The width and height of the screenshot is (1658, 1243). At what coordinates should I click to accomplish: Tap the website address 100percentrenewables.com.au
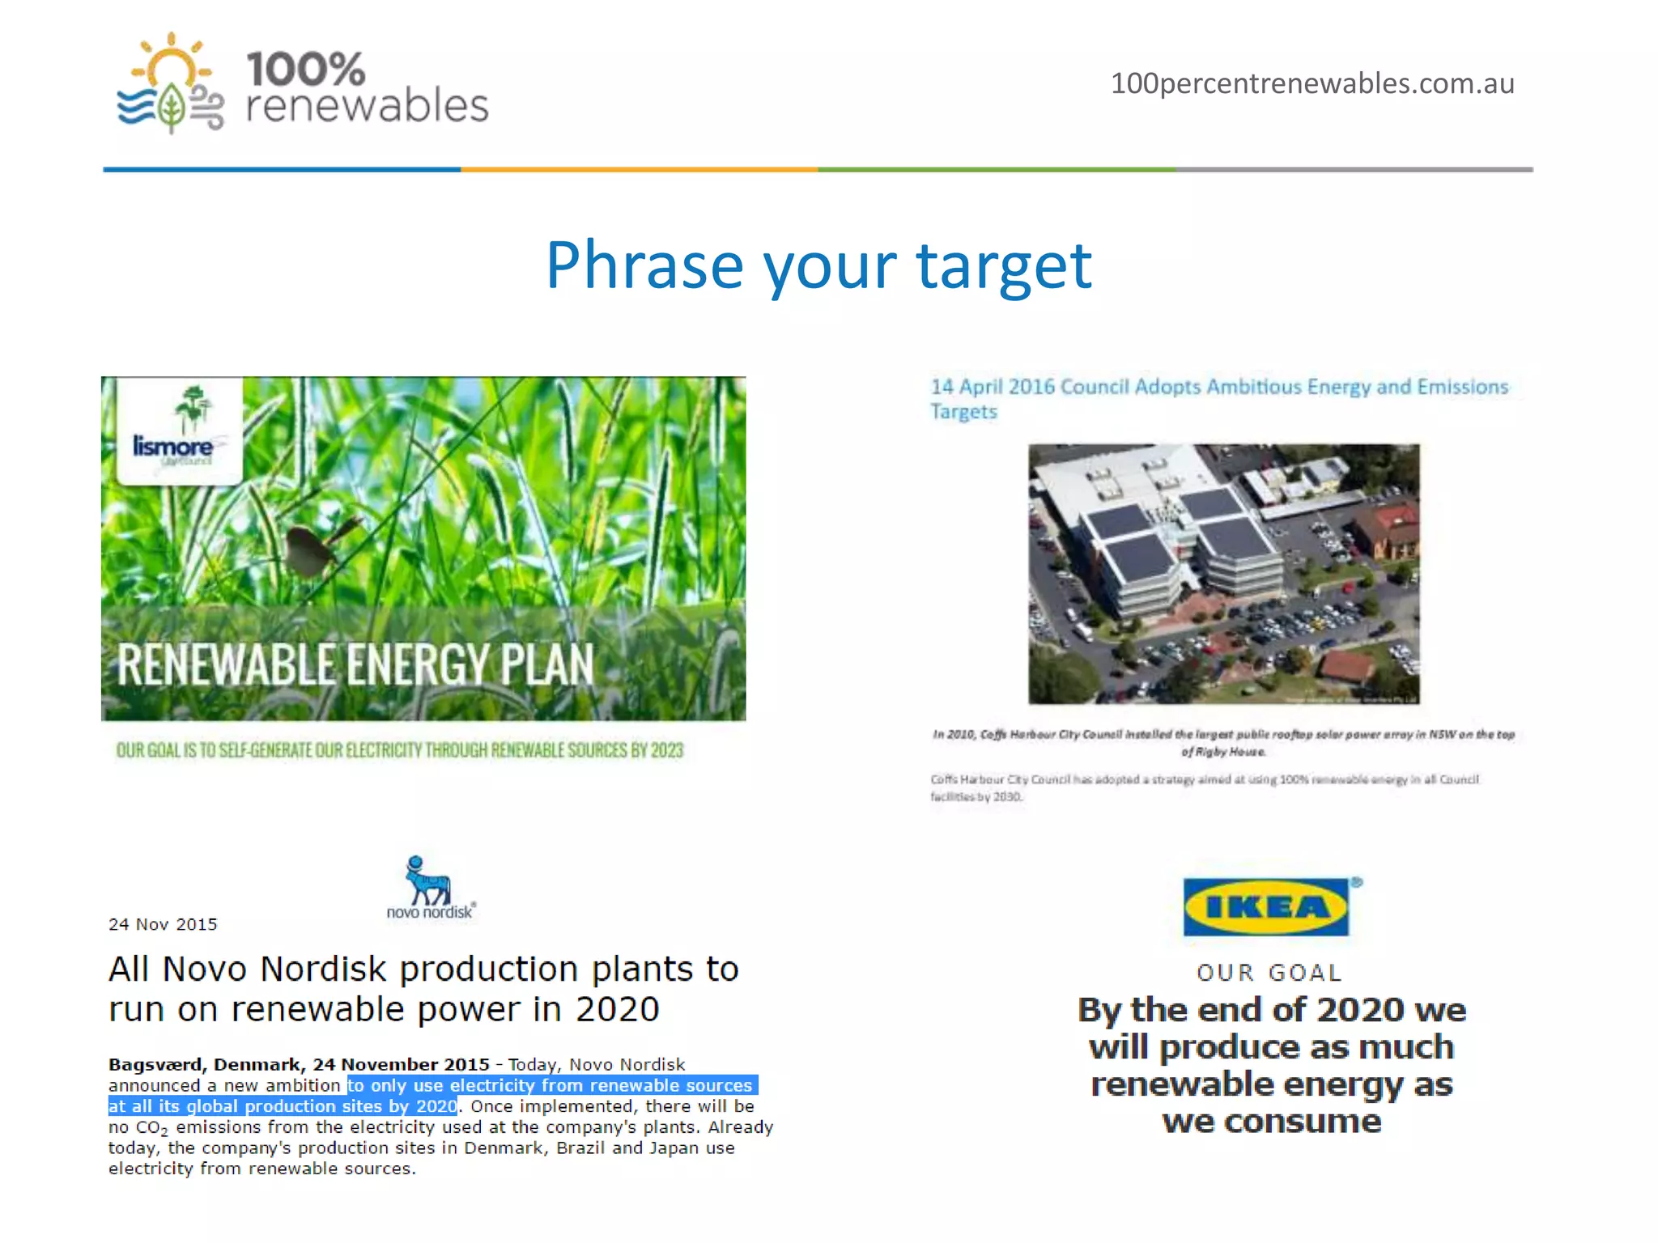1312,83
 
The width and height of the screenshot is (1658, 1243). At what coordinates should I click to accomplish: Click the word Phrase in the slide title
644,265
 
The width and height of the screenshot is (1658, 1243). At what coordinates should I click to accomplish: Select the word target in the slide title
1004,265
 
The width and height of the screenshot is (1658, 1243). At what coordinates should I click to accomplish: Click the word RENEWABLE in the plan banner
226,664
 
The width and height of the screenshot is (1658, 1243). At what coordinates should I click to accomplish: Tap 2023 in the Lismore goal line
666,750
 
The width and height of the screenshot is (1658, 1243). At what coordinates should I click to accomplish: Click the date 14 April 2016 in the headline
993,387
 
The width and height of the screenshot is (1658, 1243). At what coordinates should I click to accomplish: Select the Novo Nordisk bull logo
427,884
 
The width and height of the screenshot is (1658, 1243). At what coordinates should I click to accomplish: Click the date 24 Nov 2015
163,924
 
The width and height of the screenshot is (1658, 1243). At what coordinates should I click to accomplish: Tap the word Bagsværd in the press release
157,1064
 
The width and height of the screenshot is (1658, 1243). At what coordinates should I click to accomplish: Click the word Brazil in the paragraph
580,1148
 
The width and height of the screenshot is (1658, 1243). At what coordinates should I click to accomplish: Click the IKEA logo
1266,907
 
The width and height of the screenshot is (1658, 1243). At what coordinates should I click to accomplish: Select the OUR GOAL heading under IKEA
1269,972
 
